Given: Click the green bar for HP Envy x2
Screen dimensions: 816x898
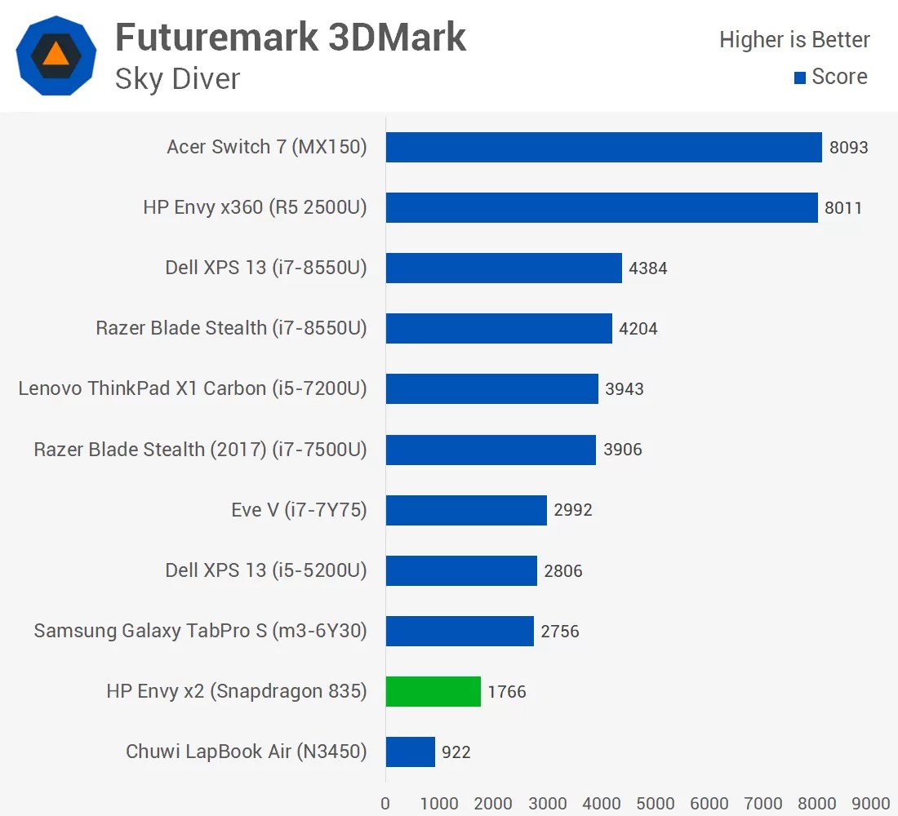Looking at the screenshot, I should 433,691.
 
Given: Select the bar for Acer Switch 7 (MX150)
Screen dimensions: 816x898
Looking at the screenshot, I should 603,147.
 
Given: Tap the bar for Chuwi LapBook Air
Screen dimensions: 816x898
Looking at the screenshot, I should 410,752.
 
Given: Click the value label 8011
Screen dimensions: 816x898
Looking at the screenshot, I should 843,207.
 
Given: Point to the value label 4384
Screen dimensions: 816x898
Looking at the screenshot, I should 648,268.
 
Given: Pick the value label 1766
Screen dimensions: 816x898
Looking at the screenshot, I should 507,692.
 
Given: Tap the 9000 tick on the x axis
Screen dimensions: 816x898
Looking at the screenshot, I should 871,803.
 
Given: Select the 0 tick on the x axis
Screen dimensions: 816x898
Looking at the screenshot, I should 385,803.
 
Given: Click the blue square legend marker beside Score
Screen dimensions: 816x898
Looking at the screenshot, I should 800,78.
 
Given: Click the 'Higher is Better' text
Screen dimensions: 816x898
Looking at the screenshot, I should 794,39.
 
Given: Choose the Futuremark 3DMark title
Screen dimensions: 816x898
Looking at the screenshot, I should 290,38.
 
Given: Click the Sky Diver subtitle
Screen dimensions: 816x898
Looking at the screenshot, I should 177,79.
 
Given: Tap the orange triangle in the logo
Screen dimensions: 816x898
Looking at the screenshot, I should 56,54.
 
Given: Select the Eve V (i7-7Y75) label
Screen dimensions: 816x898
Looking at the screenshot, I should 299,510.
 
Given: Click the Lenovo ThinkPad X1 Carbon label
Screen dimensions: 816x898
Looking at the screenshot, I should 193,388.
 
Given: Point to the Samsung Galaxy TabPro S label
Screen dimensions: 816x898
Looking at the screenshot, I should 200,631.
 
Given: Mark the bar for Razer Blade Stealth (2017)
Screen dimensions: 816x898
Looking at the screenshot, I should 491,450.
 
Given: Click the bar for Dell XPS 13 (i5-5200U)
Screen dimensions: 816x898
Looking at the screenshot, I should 461,570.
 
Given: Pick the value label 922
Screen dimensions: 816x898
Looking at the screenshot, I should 456,752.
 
